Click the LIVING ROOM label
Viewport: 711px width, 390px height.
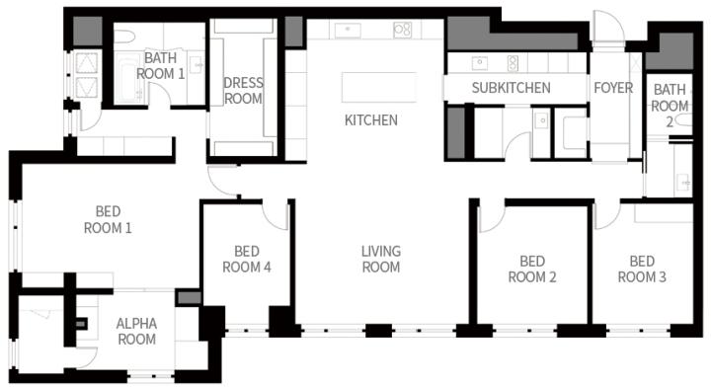point(381,259)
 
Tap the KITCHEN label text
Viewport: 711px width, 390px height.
point(371,120)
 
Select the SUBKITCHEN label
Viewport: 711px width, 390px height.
point(512,88)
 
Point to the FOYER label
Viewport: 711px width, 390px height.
point(613,88)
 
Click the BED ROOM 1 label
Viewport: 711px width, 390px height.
point(108,219)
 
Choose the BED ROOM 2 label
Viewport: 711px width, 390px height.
point(532,269)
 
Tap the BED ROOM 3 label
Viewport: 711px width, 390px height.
point(642,269)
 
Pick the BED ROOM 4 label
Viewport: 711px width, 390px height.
point(247,259)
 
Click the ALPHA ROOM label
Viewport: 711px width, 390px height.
point(136,331)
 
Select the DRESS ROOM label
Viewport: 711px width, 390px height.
point(243,91)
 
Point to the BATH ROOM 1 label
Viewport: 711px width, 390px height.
point(161,66)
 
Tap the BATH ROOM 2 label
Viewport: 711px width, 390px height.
point(670,106)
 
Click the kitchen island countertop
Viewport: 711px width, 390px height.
point(379,87)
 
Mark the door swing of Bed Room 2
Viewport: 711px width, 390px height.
point(492,217)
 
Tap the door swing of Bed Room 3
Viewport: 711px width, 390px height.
point(606,216)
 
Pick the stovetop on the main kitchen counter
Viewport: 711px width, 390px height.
point(402,30)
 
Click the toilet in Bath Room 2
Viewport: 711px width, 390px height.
point(683,120)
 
